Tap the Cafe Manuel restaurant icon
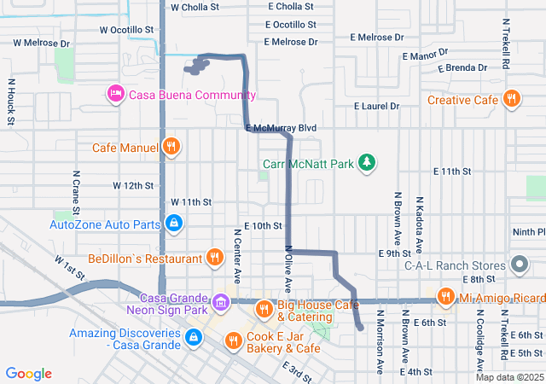171,147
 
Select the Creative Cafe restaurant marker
511,99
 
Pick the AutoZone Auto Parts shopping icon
173,224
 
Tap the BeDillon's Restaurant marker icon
214,257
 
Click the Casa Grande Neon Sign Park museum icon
220,301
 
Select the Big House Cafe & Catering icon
264,308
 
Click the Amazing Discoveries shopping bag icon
194,338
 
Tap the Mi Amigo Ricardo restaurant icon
444,297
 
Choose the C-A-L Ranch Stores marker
518,265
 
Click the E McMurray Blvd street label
281,128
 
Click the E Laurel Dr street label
377,107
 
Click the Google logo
29,373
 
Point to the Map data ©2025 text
509,377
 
